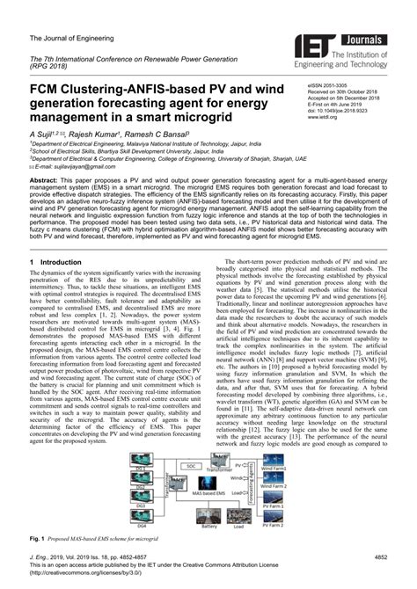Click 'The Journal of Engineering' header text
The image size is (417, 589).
pos(68,38)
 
